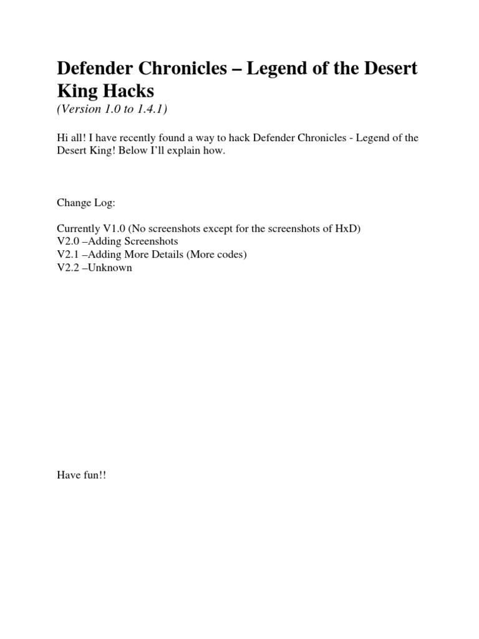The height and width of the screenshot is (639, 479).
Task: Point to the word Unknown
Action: click(111, 268)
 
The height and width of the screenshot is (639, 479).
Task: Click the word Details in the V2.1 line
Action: click(164, 255)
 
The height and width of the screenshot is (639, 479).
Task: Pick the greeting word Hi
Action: click(62, 139)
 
